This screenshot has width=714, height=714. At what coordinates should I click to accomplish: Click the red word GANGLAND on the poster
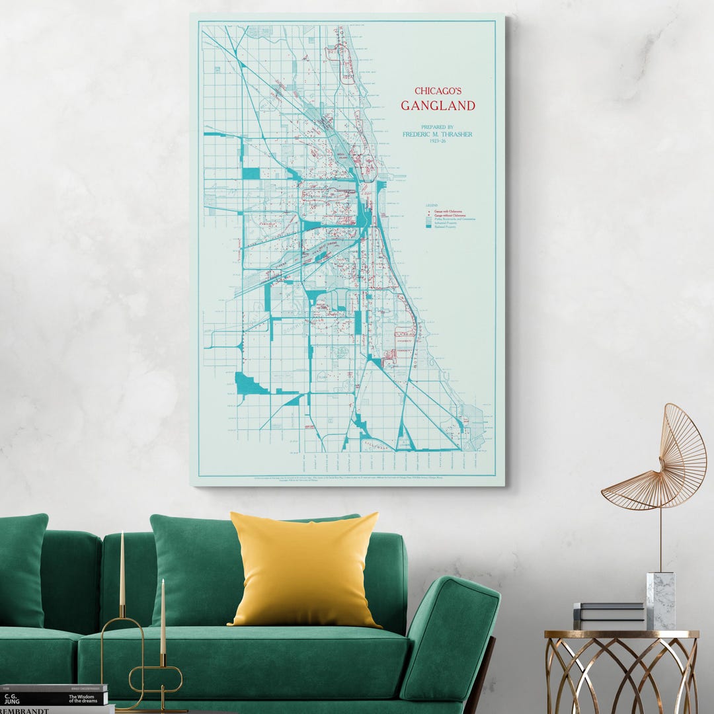438,105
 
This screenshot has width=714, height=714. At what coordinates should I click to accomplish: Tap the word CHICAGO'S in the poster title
438,91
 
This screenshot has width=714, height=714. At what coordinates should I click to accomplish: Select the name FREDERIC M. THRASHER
438,134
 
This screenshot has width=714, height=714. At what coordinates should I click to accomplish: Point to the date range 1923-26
438,141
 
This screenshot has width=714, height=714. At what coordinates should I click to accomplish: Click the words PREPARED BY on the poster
438,127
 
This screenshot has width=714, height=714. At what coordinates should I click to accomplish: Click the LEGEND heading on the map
432,206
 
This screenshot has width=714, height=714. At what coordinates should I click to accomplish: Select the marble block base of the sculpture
660,601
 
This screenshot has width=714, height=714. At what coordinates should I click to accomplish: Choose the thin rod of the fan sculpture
660,539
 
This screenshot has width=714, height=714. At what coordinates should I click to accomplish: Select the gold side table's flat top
621,634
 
